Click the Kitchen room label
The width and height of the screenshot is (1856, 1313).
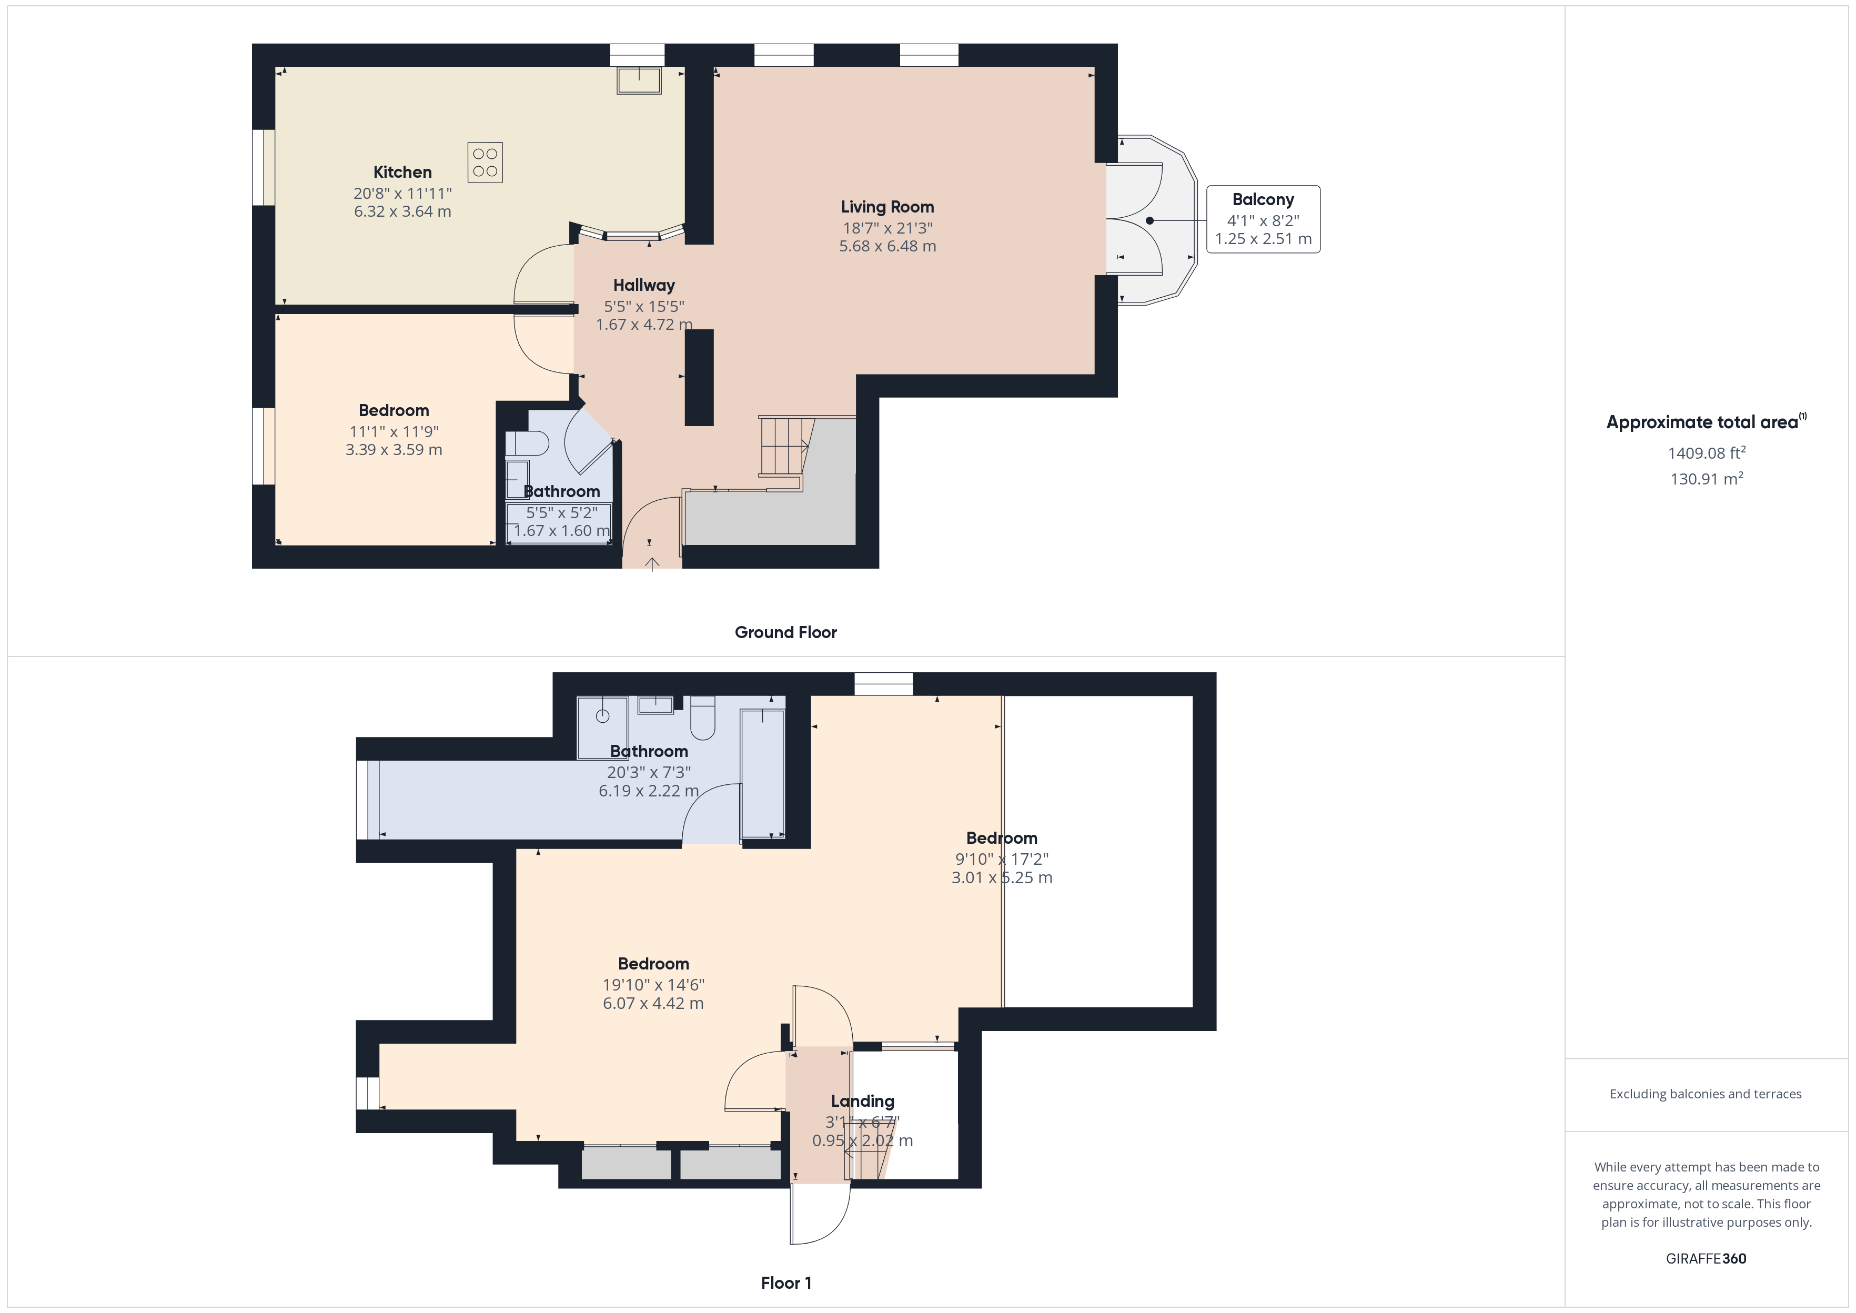click(402, 172)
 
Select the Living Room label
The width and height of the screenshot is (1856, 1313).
click(887, 207)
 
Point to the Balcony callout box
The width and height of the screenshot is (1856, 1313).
click(1263, 219)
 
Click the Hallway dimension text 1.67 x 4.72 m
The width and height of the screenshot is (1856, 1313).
click(643, 324)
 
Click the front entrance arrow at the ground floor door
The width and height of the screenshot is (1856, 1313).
click(651, 563)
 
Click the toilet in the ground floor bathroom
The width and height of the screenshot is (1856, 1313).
click(527, 443)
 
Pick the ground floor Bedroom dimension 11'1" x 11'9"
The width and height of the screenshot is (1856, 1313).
click(394, 432)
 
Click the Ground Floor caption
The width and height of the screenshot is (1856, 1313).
click(785, 632)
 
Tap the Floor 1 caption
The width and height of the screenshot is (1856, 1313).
click(785, 1283)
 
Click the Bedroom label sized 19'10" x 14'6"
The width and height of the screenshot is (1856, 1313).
click(653, 964)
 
